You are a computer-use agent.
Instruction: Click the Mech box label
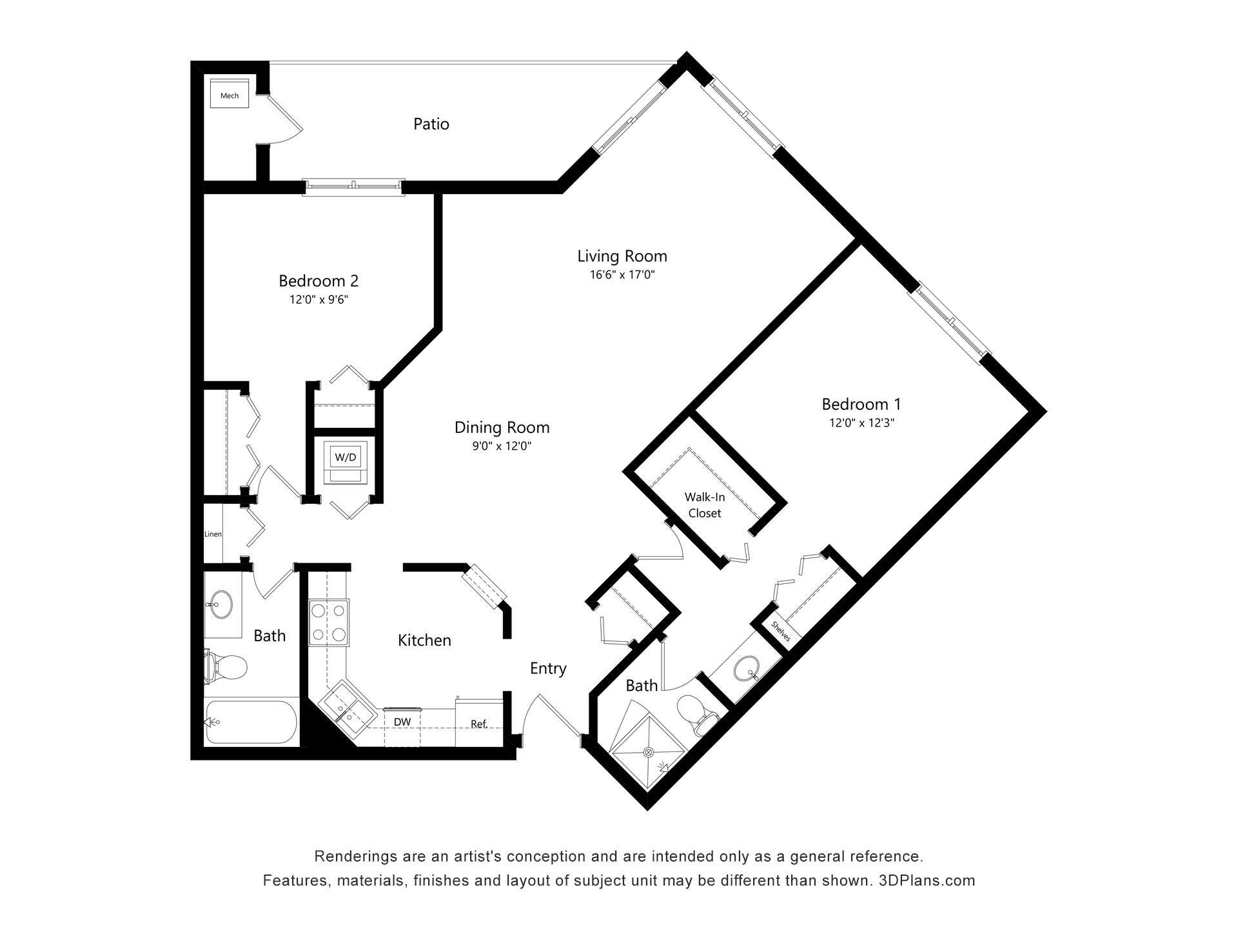coord(230,95)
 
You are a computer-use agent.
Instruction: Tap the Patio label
coord(431,124)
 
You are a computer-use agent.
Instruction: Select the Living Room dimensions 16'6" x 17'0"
coord(622,275)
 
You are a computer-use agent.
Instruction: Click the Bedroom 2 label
coord(318,281)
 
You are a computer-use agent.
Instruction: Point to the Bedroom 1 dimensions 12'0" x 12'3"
coord(861,423)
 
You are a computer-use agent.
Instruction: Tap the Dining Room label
coord(502,427)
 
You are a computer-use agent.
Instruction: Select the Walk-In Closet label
coord(704,505)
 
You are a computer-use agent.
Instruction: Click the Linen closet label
coord(213,534)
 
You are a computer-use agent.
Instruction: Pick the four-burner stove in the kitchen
coord(329,623)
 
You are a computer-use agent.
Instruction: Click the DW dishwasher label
coord(402,722)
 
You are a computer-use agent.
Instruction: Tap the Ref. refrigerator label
coord(478,724)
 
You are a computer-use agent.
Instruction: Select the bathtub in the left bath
coord(251,722)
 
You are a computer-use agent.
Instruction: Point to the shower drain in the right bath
coord(649,752)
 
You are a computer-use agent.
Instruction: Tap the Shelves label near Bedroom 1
coord(780,630)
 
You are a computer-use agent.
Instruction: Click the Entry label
coord(548,668)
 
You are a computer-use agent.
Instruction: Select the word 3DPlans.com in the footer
coord(927,880)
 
